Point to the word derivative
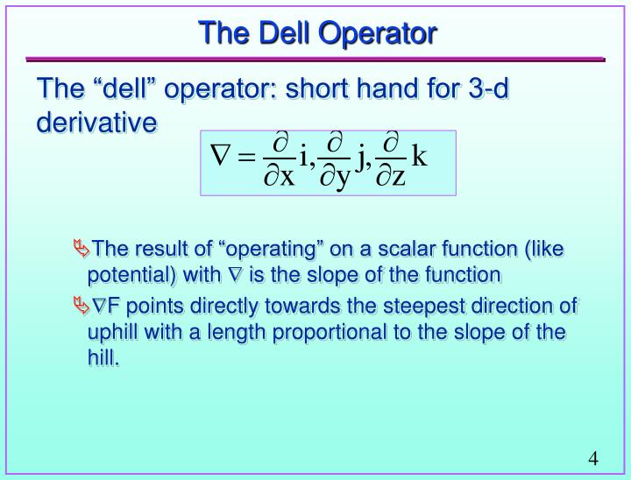96,123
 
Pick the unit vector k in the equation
420,158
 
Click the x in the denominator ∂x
287,176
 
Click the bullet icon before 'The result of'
82,249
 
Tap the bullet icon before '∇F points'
82,305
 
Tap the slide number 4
593,459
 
